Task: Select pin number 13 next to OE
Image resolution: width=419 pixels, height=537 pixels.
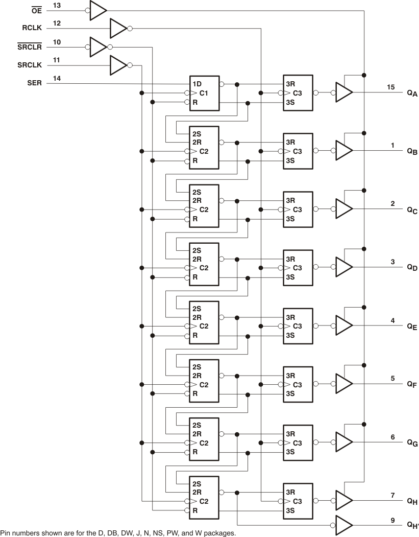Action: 57,5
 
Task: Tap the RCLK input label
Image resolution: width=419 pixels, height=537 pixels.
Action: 33,29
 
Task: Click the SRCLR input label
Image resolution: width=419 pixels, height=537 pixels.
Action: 30,47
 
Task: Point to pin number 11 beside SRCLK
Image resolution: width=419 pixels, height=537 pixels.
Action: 57,60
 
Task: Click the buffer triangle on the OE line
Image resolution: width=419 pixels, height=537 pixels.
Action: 97,10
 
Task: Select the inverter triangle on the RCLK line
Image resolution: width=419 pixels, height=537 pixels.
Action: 118,29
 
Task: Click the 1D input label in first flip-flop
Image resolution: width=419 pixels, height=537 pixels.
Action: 196,84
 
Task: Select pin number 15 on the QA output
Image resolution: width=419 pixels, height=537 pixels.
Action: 391,87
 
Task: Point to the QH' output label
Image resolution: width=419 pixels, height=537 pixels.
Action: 412,525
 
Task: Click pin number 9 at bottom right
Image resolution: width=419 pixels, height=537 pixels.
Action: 392,521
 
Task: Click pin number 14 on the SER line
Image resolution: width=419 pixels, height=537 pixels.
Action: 57,79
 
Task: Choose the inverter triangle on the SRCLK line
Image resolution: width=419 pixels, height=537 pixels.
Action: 118,65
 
